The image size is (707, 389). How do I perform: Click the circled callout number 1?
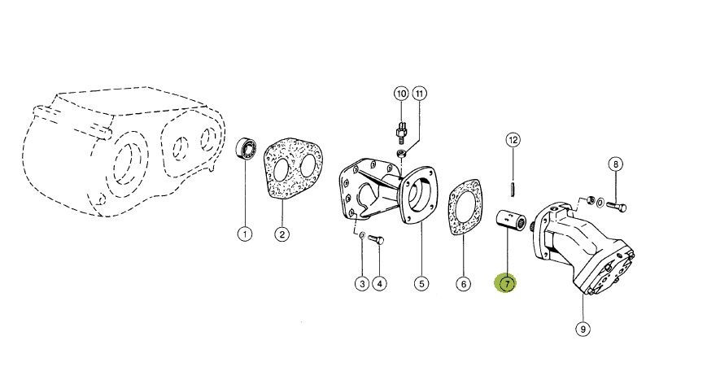tap(245, 234)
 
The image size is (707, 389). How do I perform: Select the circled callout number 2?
tap(281, 234)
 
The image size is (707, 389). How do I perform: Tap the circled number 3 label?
tap(362, 284)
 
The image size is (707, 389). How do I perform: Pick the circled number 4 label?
tap(379, 284)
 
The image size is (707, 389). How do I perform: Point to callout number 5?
tap(421, 284)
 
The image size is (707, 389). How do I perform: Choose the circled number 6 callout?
tap(463, 284)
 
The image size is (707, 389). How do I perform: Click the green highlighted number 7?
tap(507, 284)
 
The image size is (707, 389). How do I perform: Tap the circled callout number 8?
tap(615, 164)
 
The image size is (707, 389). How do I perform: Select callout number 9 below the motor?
tap(583, 329)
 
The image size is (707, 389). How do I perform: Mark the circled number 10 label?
tap(401, 94)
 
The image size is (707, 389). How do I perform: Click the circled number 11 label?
tap(419, 94)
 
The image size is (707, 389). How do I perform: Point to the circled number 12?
tap(513, 140)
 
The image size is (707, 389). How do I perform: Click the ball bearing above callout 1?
tap(247, 147)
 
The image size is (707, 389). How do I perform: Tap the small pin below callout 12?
tap(513, 189)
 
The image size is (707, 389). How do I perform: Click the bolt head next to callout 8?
tap(622, 208)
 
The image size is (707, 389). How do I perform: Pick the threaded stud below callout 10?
tap(400, 130)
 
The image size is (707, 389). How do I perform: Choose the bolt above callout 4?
tap(376, 239)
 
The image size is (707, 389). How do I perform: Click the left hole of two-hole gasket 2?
tap(281, 170)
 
